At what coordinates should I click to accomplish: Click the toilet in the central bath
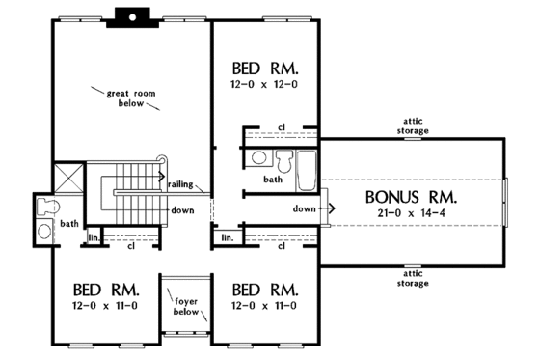(283, 160)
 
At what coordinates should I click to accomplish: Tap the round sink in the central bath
(257, 157)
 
